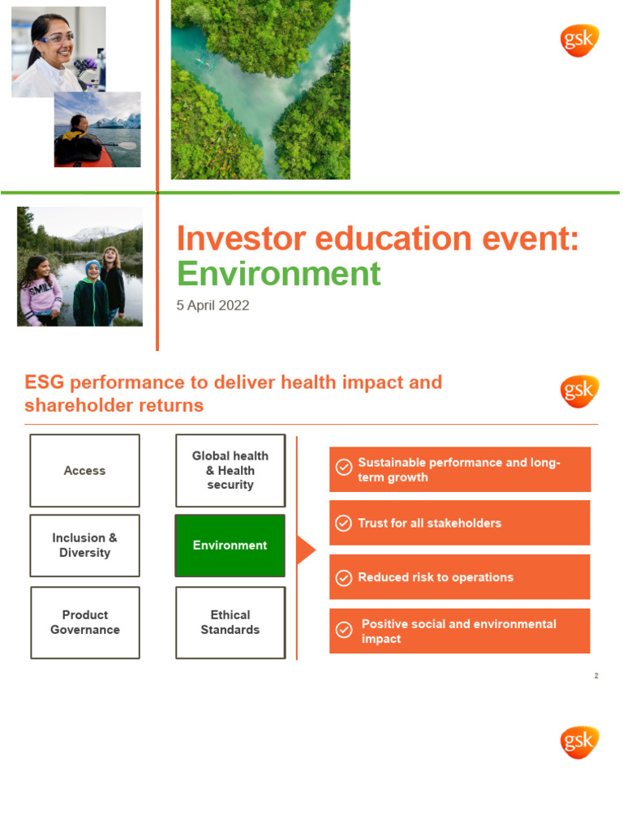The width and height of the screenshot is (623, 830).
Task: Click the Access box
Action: point(84,470)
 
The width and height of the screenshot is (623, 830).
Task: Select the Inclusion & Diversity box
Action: point(84,545)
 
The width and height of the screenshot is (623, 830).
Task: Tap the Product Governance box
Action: point(84,622)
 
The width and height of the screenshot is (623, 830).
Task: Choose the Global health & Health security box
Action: point(230,470)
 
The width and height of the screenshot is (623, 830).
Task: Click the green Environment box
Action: point(230,545)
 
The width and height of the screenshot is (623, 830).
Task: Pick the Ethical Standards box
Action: point(230,622)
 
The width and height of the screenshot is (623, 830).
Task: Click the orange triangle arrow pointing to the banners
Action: point(306,550)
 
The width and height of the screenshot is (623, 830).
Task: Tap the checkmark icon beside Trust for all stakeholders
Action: point(344,524)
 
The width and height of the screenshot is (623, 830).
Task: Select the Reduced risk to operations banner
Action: point(459,577)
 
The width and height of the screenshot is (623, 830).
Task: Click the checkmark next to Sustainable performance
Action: point(344,468)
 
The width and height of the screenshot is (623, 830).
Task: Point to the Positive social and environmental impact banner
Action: point(459,631)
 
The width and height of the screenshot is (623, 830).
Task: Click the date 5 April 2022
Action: point(213,306)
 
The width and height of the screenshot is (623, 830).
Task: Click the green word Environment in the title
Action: point(278,274)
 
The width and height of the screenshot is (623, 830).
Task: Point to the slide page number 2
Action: point(596,675)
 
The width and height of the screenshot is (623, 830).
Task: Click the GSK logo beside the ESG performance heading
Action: point(579,391)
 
